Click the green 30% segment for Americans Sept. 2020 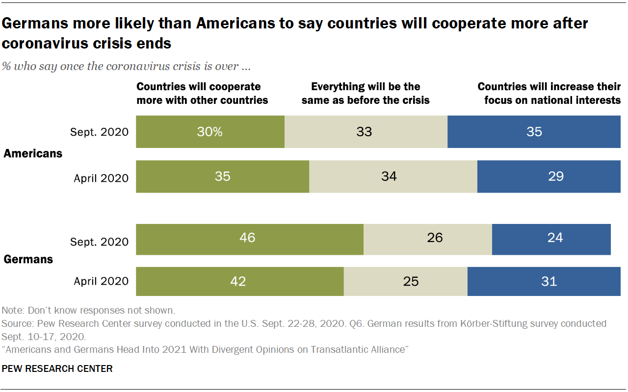tap(210, 132)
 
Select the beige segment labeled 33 tap(366, 132)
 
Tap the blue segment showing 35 tap(534, 132)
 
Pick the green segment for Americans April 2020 tap(222, 176)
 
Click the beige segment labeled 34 tap(392, 176)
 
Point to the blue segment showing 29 tap(549, 176)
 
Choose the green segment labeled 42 tap(239, 281)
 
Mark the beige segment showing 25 tap(405, 281)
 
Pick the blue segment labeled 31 tap(544, 281)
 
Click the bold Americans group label tap(33, 153)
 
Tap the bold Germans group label tap(28, 259)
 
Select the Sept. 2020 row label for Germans tap(99, 242)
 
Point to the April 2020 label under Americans tap(101, 178)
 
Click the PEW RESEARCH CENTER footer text tap(57, 368)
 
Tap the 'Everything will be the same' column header tap(366, 93)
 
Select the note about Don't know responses tap(88, 310)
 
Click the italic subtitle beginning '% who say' tap(127, 67)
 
